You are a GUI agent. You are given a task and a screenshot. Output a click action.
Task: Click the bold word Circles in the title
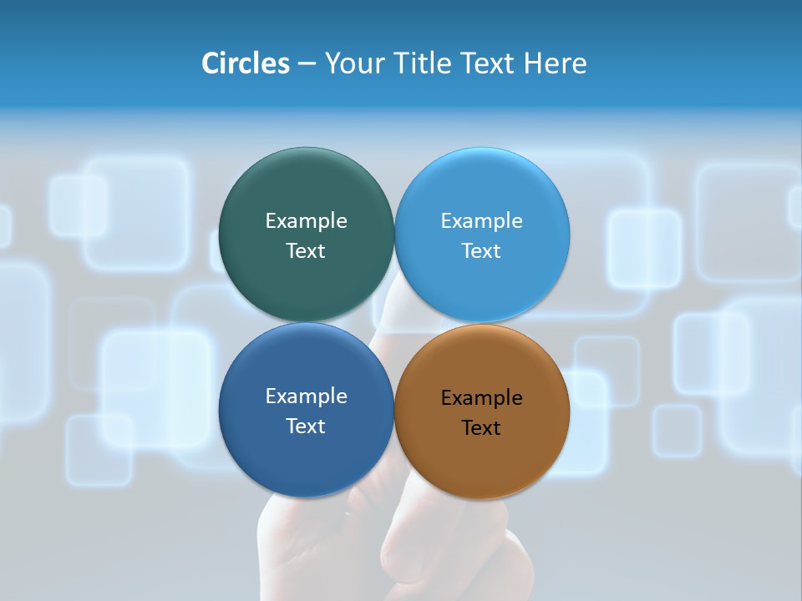(246, 63)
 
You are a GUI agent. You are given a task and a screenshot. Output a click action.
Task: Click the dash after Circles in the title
(307, 63)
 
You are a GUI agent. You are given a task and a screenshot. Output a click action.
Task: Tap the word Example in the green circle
(306, 220)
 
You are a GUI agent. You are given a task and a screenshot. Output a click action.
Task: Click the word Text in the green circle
(306, 250)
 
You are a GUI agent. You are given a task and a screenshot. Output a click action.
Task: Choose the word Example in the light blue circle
(481, 220)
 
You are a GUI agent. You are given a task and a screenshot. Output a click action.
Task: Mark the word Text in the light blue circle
(481, 250)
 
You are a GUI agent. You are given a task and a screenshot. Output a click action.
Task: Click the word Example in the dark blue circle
(306, 396)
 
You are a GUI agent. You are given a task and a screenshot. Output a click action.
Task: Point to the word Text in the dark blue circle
(306, 426)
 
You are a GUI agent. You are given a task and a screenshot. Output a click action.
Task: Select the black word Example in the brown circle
(481, 397)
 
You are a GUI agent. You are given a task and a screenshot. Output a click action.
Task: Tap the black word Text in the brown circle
(481, 427)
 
